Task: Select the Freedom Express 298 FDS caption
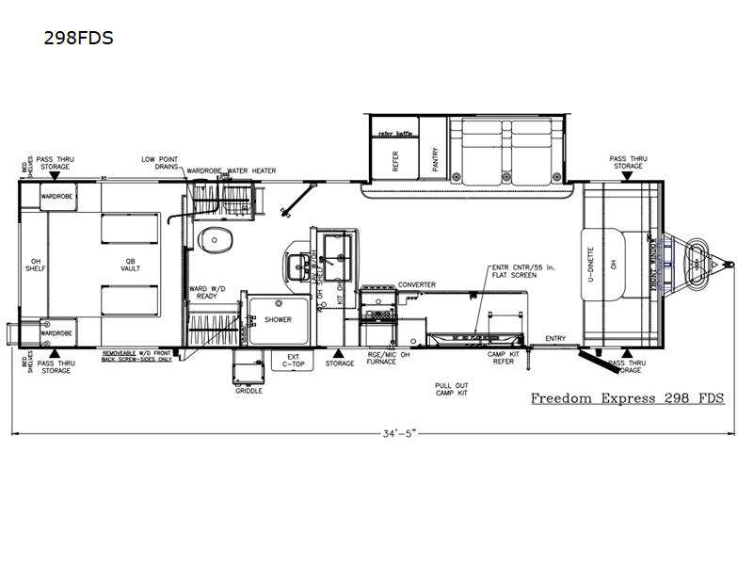(x=627, y=397)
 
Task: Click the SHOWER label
(x=278, y=319)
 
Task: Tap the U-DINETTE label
(x=591, y=265)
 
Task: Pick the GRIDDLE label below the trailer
(x=249, y=389)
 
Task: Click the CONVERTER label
(x=417, y=283)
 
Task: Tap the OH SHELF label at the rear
(x=40, y=265)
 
